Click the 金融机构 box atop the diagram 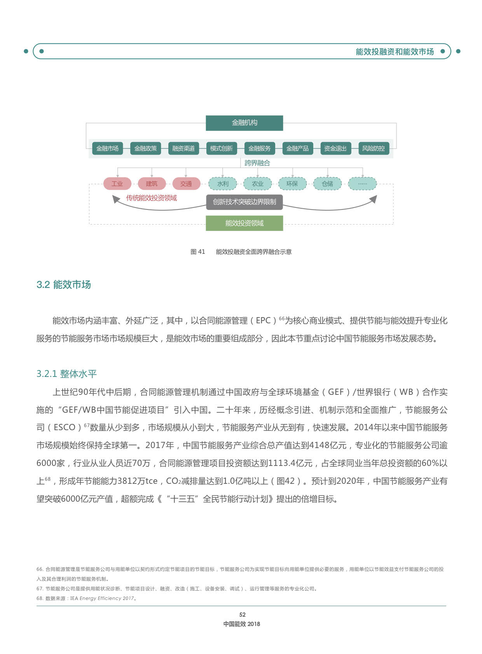244,123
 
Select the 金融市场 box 108,148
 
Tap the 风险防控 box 374,148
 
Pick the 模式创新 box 222,148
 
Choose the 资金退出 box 335,148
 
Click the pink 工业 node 117,184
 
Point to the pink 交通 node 186,184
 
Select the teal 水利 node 223,184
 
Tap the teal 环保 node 292,184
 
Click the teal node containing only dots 363,184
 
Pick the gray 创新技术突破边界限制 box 244,202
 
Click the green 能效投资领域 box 244,223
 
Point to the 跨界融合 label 257,163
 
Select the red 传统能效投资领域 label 152,198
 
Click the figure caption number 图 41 198,252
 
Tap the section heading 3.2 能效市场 64,284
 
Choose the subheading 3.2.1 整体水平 66,374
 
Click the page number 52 242,615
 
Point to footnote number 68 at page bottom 40,598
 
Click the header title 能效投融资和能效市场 395,52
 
